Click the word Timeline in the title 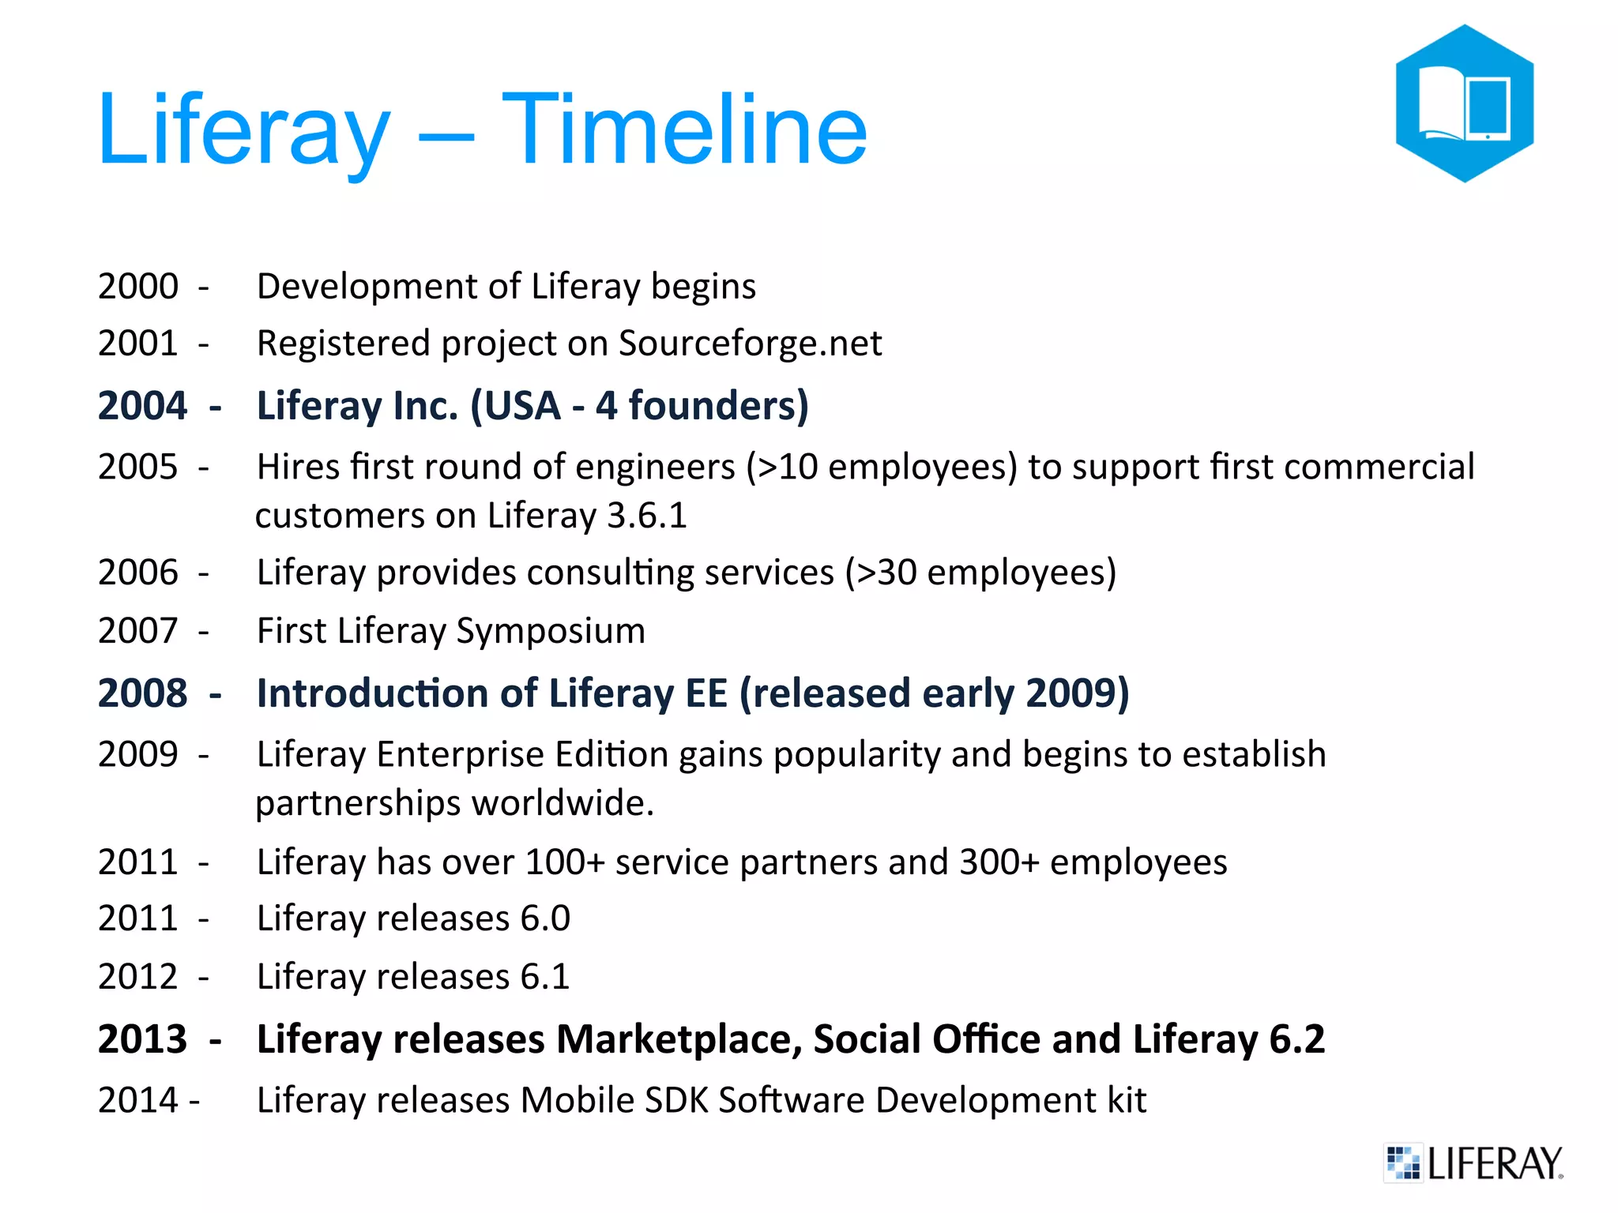point(684,130)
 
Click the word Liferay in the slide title point(243,130)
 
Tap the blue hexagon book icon point(1464,103)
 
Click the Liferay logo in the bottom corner point(1474,1162)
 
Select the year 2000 point(138,286)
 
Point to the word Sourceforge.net point(750,344)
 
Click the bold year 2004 point(142,406)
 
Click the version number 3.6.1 point(647,516)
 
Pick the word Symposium point(551,631)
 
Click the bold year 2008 point(142,693)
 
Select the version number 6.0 point(545,918)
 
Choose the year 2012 point(138,977)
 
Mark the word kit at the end point(1126,1100)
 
